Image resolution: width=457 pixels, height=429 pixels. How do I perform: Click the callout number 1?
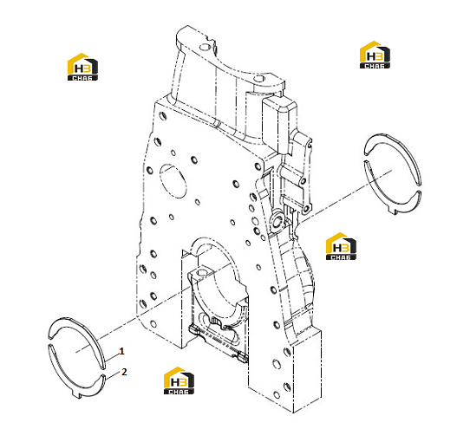point(121,351)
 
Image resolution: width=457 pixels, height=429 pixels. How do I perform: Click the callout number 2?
point(124,372)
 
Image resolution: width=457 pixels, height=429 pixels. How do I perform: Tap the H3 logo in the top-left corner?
point(82,67)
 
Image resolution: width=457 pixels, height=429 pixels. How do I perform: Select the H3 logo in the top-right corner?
point(375,55)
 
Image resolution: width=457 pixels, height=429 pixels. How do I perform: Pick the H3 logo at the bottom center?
point(179,380)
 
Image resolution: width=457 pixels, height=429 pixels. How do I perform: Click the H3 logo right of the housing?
point(341,246)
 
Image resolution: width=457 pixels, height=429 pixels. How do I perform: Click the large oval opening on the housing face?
point(173,181)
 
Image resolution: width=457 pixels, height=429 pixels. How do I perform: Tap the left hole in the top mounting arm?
point(206,47)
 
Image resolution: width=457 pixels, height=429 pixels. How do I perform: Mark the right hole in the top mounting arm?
point(258,78)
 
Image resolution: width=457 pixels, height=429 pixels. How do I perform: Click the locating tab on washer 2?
point(76,395)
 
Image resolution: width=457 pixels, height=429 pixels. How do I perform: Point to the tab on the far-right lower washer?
point(394,211)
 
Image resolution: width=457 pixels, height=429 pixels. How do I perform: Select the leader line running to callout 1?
point(112,356)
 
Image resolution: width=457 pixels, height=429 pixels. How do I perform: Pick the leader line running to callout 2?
point(114,376)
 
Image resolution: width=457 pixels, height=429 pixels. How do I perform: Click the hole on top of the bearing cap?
point(202,273)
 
